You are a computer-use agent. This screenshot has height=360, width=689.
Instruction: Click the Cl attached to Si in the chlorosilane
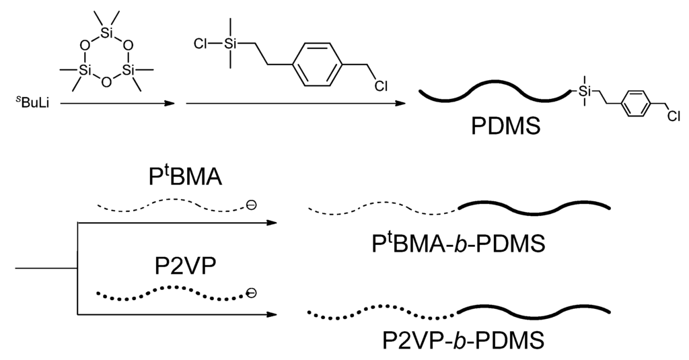pos(200,44)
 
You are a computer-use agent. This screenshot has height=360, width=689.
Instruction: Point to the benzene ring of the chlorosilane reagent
pos(320,65)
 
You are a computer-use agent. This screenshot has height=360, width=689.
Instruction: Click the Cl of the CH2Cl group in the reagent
pos(382,85)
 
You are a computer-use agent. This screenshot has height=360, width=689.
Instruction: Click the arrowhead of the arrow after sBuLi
pos(169,104)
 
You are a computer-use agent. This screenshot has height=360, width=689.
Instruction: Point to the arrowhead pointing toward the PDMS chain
pos(401,104)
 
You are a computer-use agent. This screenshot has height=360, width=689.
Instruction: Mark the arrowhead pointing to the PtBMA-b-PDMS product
pos(273,223)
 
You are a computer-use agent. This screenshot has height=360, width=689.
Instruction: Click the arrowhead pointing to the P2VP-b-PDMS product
pos(273,314)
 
